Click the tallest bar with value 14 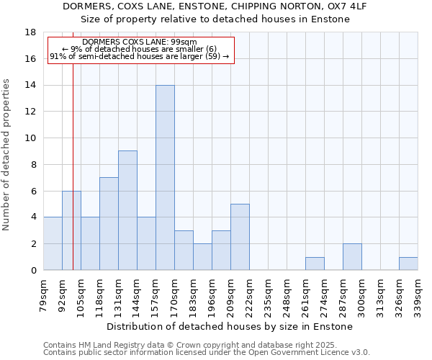point(165,178)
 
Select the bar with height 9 point(127,210)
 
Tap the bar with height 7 point(109,223)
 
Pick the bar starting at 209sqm point(240,237)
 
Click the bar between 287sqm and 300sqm point(352,257)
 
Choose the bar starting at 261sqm point(315,264)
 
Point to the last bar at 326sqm point(408,264)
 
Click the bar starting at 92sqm point(71,230)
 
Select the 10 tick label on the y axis point(30,138)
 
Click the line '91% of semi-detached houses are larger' point(140,56)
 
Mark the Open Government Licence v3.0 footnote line point(207,353)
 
